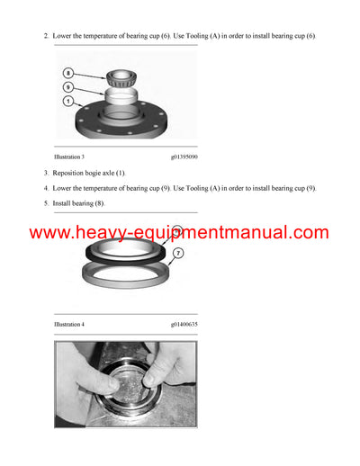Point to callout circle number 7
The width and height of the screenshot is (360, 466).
(178, 254)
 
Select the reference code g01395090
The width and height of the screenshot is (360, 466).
(184, 157)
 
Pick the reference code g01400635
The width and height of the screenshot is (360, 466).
(184, 323)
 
